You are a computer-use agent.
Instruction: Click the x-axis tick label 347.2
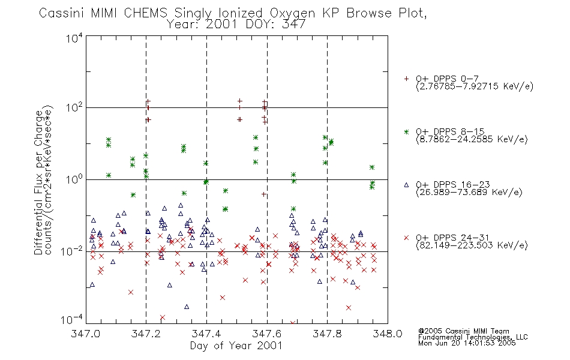[x=146, y=334]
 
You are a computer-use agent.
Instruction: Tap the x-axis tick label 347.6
[x=267, y=334]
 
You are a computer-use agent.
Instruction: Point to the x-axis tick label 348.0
[x=388, y=334]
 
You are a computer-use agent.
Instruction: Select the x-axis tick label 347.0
[x=85, y=334]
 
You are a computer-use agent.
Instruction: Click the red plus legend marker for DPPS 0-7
[x=406, y=79]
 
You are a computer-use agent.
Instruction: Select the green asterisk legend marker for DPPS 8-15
[x=406, y=131]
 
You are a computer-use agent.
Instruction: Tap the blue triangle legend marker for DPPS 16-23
[x=406, y=185]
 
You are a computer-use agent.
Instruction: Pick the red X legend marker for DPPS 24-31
[x=406, y=238]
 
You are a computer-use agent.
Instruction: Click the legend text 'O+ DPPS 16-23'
[x=453, y=185]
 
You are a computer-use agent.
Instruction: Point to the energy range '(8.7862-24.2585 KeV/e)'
[x=472, y=139]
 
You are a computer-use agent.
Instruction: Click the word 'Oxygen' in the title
[x=292, y=13]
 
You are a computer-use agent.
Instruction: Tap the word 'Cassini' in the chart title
[x=62, y=13]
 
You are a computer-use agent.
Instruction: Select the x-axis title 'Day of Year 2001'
[x=236, y=346]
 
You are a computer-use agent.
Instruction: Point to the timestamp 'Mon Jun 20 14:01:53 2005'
[x=467, y=343]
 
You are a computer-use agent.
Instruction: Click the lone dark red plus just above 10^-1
[x=264, y=194]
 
